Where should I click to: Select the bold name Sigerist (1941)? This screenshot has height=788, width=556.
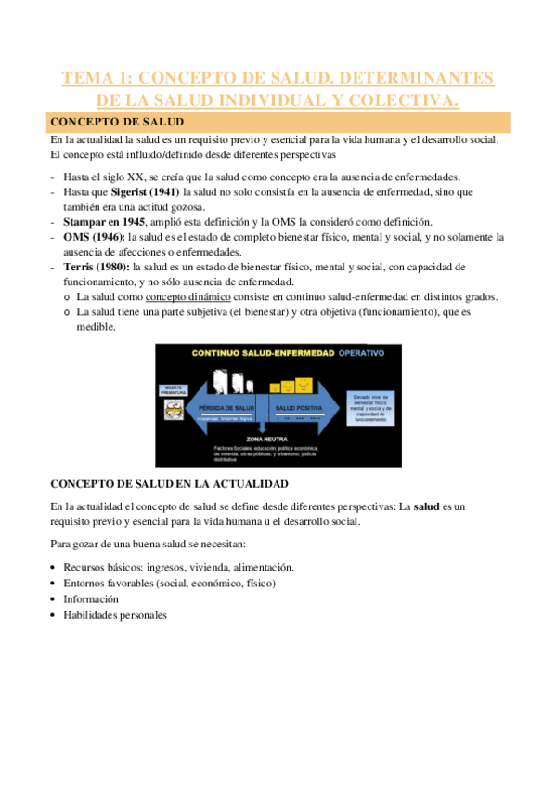pyautogui.click(x=136, y=191)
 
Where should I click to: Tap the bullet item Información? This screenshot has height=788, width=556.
pyautogui.click(x=91, y=598)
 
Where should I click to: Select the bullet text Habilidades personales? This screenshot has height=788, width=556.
pyautogui.click(x=115, y=614)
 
